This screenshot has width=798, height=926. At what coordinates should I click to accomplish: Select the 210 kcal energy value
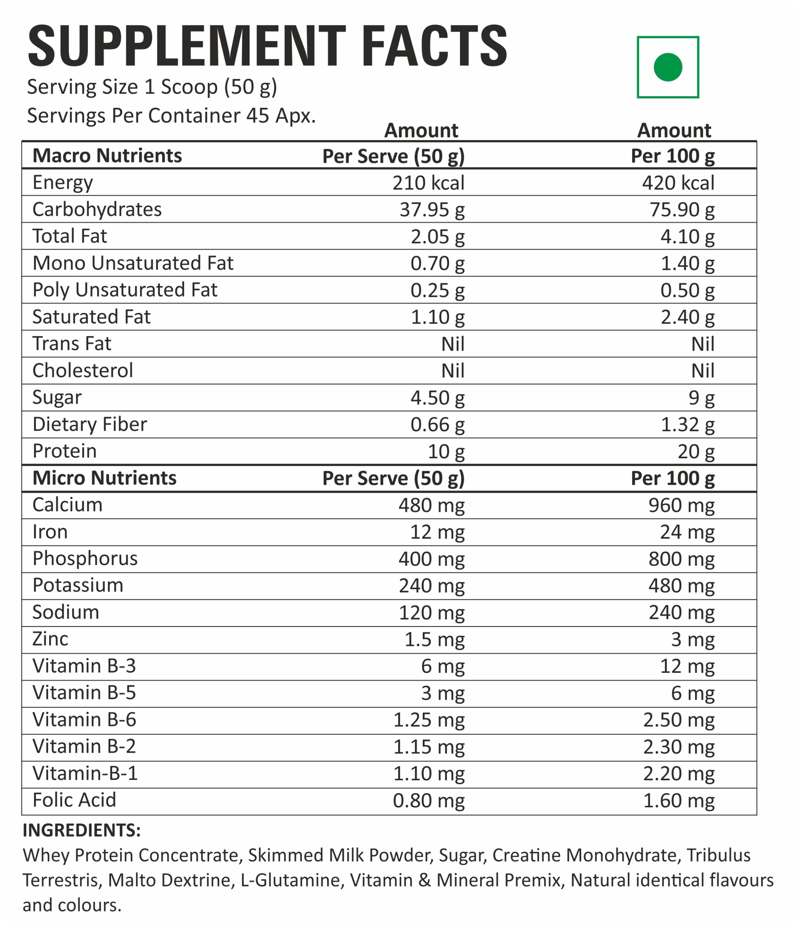coord(428,183)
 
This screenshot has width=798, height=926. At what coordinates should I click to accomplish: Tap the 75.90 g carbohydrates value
coord(682,209)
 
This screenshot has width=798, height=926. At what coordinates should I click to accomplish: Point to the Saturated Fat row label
coord(91,317)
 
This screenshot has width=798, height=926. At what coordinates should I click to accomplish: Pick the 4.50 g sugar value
coord(437,398)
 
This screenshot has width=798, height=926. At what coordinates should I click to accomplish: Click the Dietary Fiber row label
coord(89,424)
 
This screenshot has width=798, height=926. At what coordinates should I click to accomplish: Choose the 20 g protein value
coord(696,451)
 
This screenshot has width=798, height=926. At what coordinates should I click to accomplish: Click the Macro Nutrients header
coord(107,156)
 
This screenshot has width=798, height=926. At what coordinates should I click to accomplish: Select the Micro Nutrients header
coord(104,478)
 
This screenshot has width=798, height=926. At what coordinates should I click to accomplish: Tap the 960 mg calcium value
coord(681,505)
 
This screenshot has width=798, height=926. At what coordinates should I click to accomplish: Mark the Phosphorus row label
coord(85,558)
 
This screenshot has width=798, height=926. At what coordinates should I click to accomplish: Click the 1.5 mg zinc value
coord(434,640)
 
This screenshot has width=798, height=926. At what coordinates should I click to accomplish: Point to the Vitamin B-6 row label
coord(84,720)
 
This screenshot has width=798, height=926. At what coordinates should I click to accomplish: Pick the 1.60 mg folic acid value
coord(679,801)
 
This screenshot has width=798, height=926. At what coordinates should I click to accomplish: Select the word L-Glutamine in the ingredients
coord(292,880)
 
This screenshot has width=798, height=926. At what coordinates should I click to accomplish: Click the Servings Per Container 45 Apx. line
coord(171,116)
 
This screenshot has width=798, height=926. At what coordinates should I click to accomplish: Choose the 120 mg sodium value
coord(431,613)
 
